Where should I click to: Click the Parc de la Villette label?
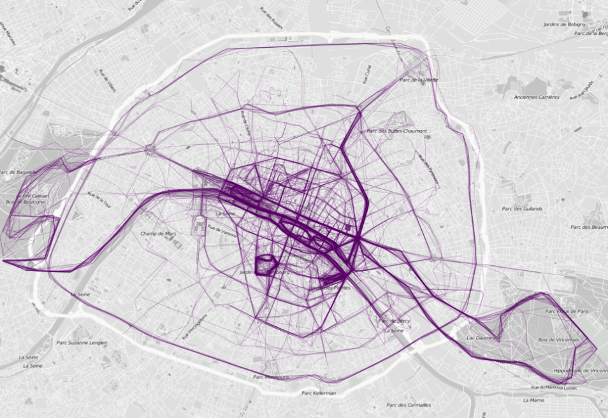coord(419,80)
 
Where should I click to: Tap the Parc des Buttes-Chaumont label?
coord(396,131)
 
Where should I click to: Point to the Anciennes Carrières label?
coord(537,97)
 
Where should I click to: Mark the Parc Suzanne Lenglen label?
coord(82,343)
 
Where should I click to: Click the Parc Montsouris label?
coord(271,377)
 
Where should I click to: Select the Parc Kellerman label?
coord(315,393)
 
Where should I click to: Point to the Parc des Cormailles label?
coord(409,405)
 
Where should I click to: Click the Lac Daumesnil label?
coord(481,338)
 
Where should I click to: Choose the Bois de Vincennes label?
coord(559,340)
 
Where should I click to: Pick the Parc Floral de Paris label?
coord(567,311)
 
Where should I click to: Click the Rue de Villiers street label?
coord(108,80)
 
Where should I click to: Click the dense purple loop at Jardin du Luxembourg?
coord(266,265)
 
